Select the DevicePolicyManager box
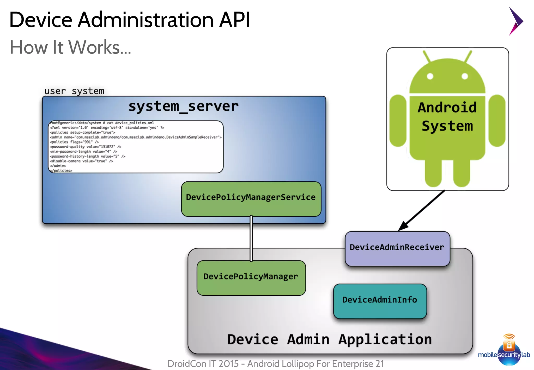click(x=251, y=278)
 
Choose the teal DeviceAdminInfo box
click(x=380, y=301)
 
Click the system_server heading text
click(x=183, y=106)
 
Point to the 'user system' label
click(x=74, y=91)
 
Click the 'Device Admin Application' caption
click(x=329, y=339)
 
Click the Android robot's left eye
click(x=430, y=76)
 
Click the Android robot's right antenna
click(x=468, y=56)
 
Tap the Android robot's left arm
click(x=398, y=121)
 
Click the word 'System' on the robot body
click(x=447, y=126)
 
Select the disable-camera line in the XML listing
click(x=81, y=161)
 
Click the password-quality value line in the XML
click(x=85, y=147)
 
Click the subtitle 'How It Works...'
click(x=70, y=47)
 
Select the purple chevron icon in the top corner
click(x=515, y=21)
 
